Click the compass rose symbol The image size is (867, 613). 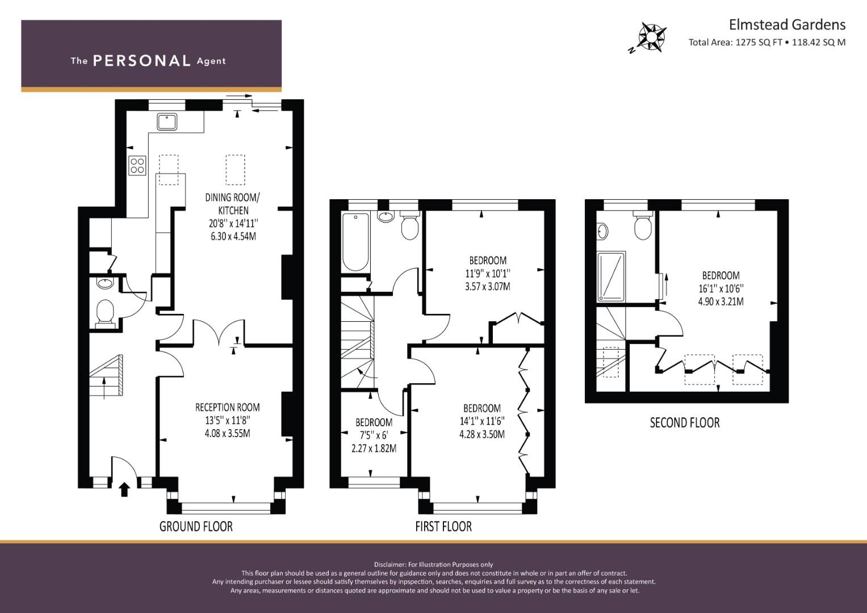pyautogui.click(x=652, y=37)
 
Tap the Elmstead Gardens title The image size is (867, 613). pyautogui.click(x=788, y=25)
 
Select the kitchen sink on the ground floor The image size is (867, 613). pyautogui.click(x=167, y=121)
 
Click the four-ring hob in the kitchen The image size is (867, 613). pyautogui.click(x=137, y=166)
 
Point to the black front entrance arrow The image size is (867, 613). pyautogui.click(x=124, y=489)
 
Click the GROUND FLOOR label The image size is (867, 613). pyautogui.click(x=196, y=526)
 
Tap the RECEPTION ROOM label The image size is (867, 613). pyautogui.click(x=227, y=407)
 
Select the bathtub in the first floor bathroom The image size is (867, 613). pyautogui.click(x=355, y=242)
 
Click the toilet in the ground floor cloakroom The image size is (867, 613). pyautogui.click(x=105, y=314)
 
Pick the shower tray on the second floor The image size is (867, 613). pyautogui.click(x=611, y=276)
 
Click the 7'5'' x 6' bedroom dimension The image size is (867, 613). pyautogui.click(x=374, y=435)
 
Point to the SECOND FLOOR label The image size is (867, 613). pyautogui.click(x=685, y=423)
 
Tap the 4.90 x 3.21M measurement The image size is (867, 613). pyautogui.click(x=721, y=301)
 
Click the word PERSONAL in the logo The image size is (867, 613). pyautogui.click(x=142, y=61)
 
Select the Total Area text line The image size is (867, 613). pyautogui.click(x=767, y=43)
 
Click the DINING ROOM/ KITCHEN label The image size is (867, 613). pyautogui.click(x=233, y=204)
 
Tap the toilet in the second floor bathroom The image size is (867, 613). pyautogui.click(x=643, y=226)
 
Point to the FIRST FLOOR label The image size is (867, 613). pyautogui.click(x=443, y=526)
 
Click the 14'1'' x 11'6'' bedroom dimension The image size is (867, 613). pyautogui.click(x=482, y=421)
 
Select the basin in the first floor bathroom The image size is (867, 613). pyautogui.click(x=386, y=216)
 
